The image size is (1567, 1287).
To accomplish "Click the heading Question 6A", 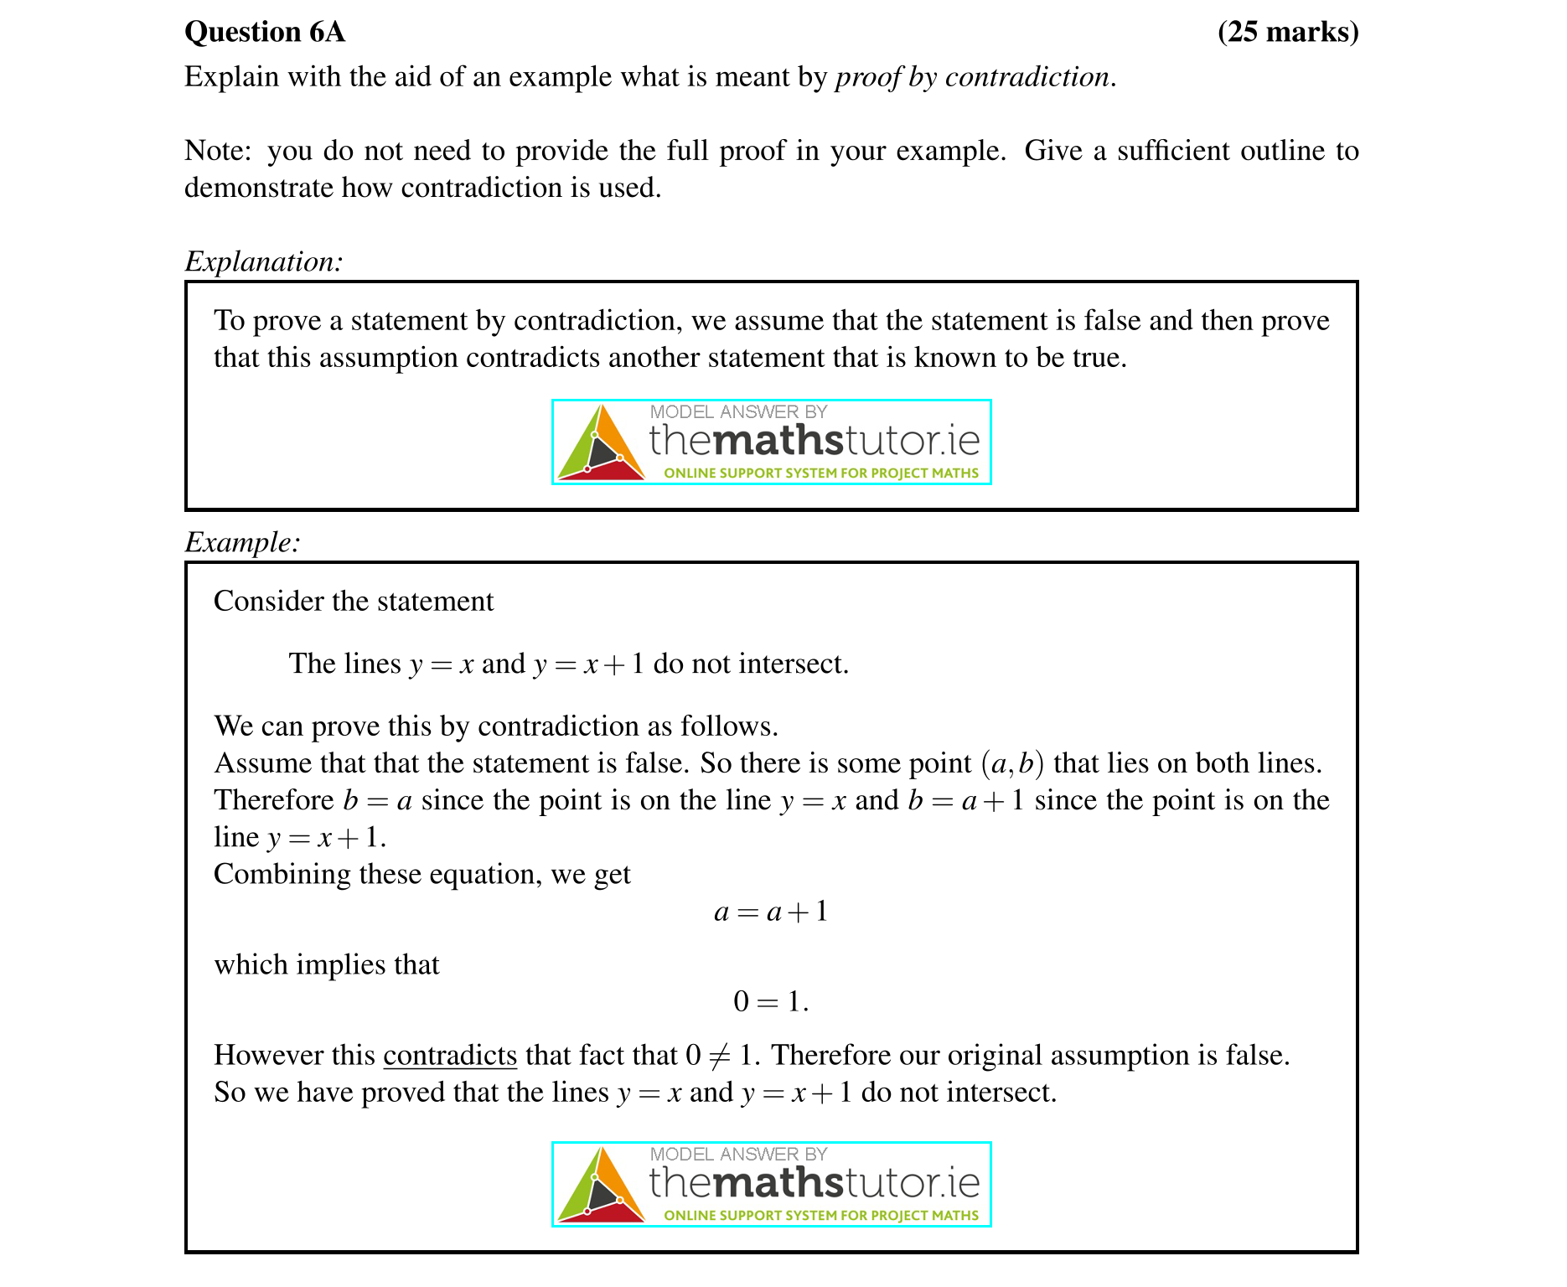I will [264, 32].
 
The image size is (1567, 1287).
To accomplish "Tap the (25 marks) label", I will [1287, 32].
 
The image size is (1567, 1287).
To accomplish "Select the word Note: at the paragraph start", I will [217, 151].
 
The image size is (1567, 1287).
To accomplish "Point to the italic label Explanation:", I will [263, 261].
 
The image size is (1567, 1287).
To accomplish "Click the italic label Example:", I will [242, 542].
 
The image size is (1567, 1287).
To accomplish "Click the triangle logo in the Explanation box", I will [600, 443].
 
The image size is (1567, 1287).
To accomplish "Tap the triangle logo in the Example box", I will [600, 1186].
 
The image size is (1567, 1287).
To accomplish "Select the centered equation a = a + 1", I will [770, 912].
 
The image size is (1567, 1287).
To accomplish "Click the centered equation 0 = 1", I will [770, 1002].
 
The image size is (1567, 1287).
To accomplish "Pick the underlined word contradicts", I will [450, 1056].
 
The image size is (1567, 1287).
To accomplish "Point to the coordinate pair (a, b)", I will [1011, 763].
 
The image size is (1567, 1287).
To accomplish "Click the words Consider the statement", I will [354, 602].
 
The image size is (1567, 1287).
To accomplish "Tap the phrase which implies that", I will [327, 965].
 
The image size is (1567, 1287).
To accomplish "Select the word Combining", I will [282, 875].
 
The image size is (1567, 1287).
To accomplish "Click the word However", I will [268, 1056].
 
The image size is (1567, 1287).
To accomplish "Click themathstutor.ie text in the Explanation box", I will [814, 440].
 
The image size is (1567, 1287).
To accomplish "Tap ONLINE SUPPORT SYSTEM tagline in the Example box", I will [820, 1216].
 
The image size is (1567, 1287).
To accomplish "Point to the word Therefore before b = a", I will [274, 801].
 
